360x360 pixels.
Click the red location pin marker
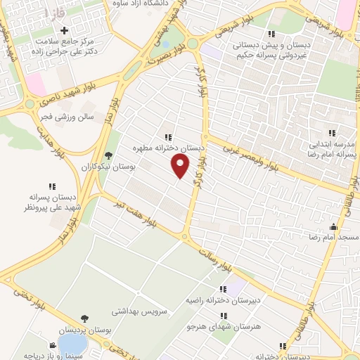181,166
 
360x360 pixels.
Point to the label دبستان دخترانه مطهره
169,149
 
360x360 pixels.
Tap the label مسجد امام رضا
333,238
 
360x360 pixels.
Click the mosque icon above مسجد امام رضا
334,226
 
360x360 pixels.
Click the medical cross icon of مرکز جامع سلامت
65,31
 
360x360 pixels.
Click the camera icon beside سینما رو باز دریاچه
52,345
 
